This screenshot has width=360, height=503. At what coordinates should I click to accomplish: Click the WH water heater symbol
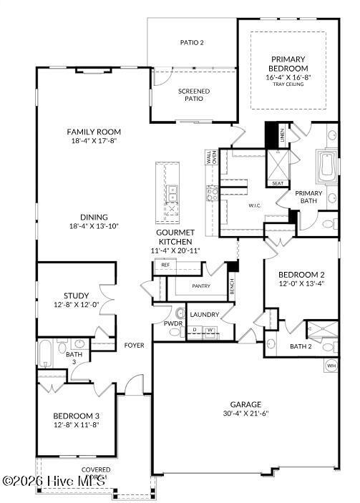point(331,366)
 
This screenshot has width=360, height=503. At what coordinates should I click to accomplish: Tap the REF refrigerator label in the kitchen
point(165,265)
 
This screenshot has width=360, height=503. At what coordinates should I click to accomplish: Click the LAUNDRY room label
point(204,314)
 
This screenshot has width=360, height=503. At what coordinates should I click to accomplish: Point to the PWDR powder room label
point(172,323)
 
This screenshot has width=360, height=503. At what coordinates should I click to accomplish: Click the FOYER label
point(134,346)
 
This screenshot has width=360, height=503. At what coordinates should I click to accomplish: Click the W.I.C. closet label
point(255,205)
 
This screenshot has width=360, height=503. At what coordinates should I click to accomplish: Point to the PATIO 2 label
point(192,43)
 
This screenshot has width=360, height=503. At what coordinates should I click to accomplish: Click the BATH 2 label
point(301,347)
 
